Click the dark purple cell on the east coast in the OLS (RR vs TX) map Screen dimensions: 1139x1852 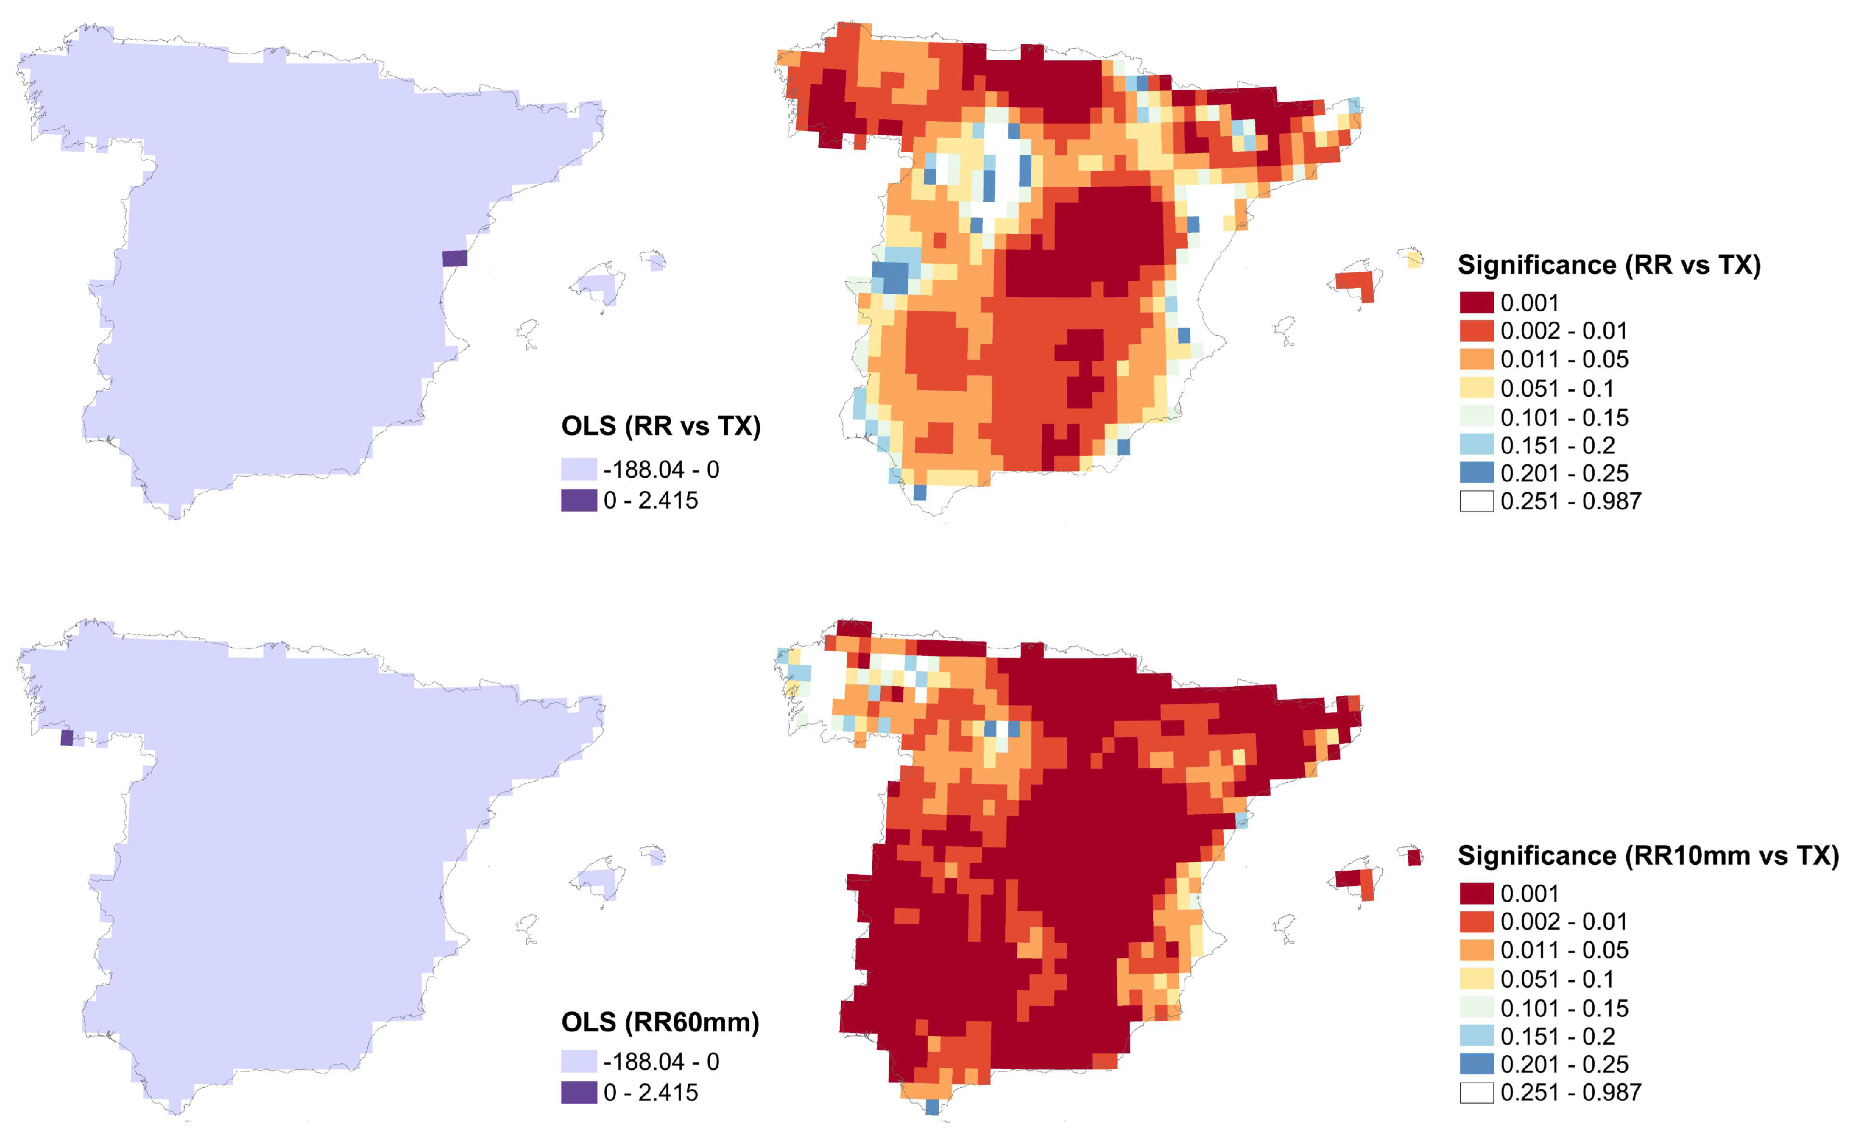[454, 258]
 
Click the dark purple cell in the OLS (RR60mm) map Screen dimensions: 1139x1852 [67, 737]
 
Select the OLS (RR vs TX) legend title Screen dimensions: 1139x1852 [661, 427]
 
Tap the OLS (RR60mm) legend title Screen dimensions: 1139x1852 [660, 1022]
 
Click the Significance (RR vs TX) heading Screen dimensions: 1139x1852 [1609, 265]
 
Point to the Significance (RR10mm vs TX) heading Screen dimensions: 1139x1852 [1648, 856]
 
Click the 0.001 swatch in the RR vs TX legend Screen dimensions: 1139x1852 [1476, 303]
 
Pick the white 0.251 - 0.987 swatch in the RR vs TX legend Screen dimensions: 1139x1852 [1476, 501]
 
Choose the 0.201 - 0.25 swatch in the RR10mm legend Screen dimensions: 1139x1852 [1476, 1064]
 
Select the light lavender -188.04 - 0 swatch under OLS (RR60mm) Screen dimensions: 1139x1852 [579, 1062]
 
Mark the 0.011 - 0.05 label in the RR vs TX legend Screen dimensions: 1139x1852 [1563, 359]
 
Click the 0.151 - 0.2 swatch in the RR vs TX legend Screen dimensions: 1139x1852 [1476, 445]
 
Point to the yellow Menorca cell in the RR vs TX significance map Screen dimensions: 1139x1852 [1414, 260]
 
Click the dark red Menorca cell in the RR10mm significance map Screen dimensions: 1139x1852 [1414, 857]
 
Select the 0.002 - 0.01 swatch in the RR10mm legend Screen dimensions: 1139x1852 [1476, 921]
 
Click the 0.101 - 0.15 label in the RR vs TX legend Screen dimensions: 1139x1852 [1563, 417]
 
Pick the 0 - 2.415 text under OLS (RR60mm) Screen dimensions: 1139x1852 [651, 1092]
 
